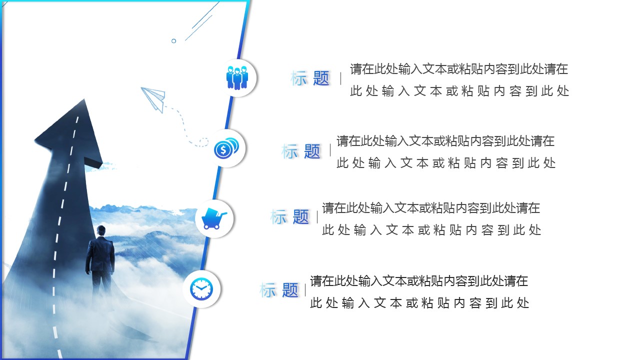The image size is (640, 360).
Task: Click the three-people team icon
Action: click(237, 78)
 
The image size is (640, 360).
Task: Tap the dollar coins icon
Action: click(226, 148)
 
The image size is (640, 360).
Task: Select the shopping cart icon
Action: click(214, 218)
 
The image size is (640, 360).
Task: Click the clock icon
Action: click(201, 289)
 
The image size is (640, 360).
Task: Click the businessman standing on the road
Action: click(100, 260)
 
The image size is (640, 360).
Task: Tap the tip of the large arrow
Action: click(84, 99)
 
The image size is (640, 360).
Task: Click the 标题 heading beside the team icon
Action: click(309, 78)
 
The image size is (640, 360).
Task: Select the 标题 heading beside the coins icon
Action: click(300, 151)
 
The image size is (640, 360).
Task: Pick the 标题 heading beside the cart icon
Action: click(289, 216)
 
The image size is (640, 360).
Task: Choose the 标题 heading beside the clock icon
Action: click(278, 290)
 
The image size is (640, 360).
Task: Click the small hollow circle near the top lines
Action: click(173, 41)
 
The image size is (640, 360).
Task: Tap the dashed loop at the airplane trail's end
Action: click(203, 142)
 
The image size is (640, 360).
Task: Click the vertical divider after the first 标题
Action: click(341, 78)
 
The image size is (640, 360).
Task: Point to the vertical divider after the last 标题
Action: click(305, 290)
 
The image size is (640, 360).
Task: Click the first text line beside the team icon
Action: click(459, 69)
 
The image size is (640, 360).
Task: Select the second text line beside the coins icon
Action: click(446, 163)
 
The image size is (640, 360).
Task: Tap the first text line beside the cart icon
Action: click(431, 208)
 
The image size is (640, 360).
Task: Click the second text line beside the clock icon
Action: click(419, 303)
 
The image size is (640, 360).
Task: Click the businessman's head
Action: click(101, 230)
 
